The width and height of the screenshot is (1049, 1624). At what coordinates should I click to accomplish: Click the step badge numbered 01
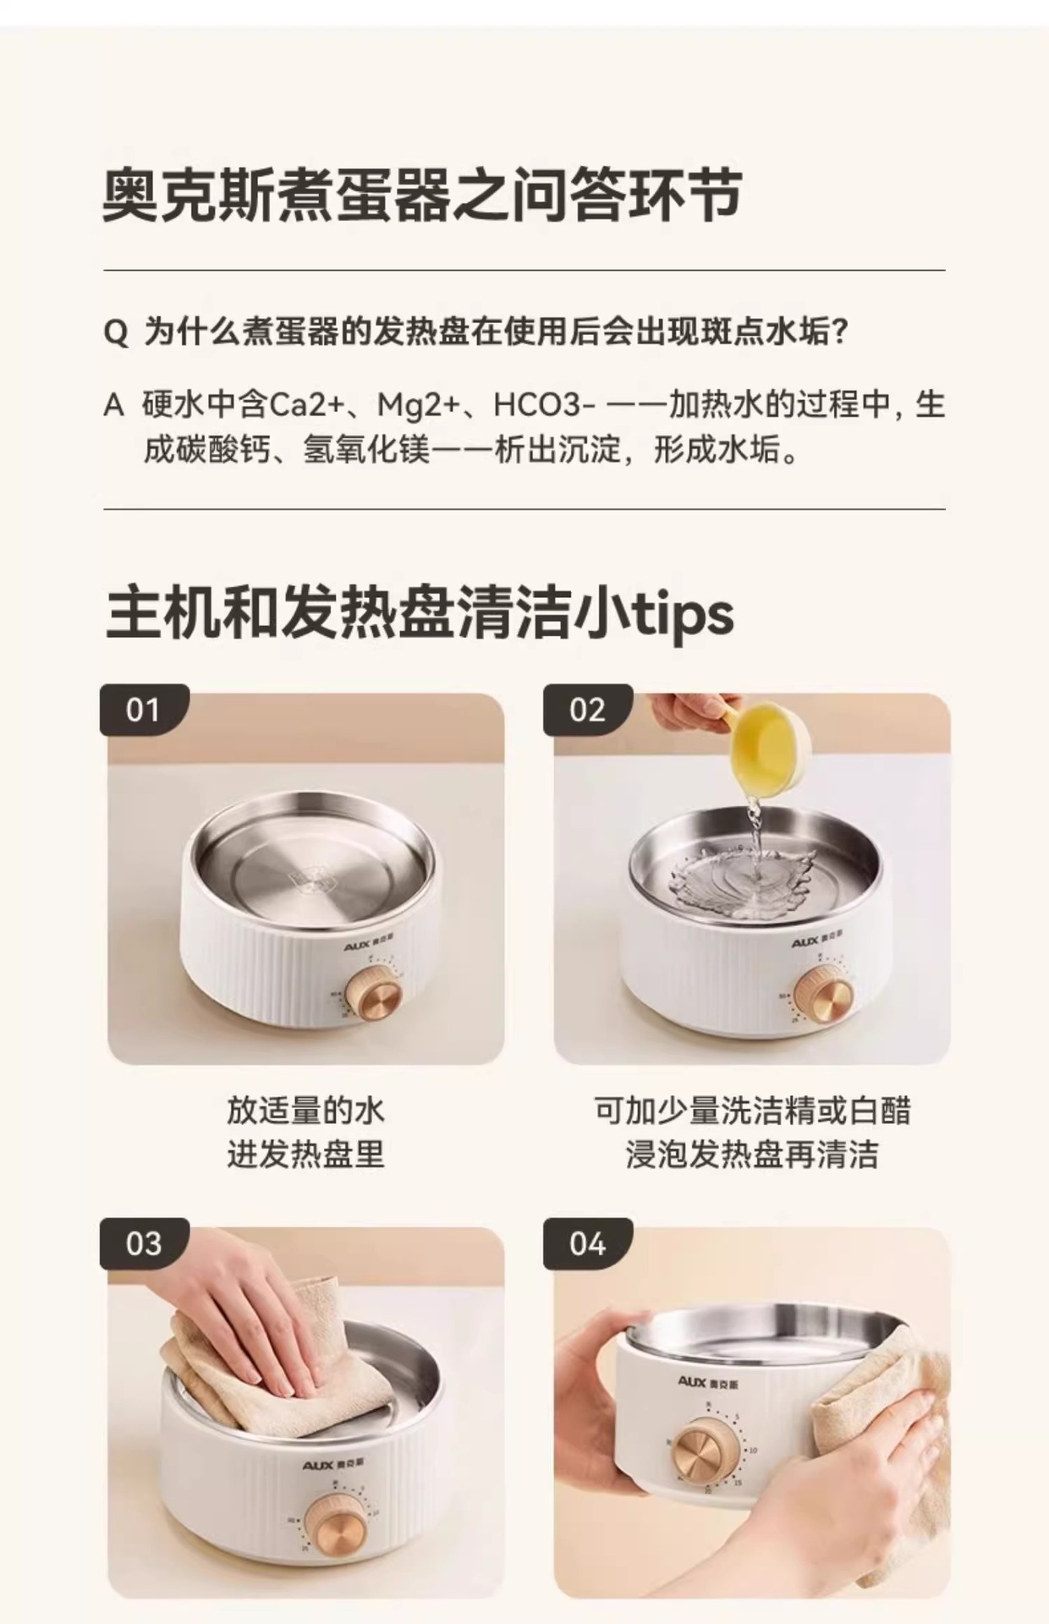(x=144, y=710)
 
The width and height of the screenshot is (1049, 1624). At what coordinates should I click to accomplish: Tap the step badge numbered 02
(x=588, y=710)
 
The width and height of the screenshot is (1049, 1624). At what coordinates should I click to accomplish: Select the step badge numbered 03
(x=144, y=1243)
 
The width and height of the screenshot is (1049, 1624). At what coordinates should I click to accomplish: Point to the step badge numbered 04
(x=588, y=1243)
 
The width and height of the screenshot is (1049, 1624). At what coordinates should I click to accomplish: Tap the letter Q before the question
(x=116, y=332)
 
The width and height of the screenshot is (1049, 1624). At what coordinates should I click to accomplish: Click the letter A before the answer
(x=114, y=406)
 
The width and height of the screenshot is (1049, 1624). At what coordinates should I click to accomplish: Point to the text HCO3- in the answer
(x=538, y=405)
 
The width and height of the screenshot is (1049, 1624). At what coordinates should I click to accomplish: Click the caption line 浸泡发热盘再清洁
(x=752, y=1154)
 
